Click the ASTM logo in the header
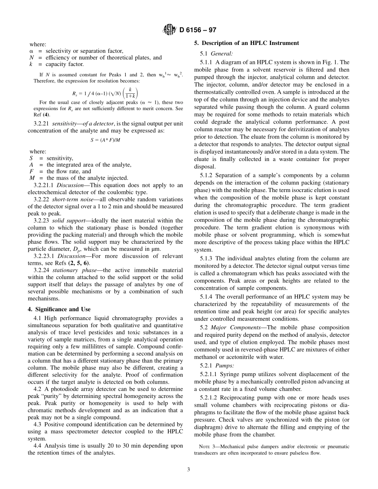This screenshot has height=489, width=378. pos(169,30)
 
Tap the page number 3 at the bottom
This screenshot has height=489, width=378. pos(189,470)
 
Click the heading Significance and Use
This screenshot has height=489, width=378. pos(63,309)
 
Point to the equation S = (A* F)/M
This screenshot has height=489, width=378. pos(105,140)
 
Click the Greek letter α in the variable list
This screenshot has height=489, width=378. pos(31,51)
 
